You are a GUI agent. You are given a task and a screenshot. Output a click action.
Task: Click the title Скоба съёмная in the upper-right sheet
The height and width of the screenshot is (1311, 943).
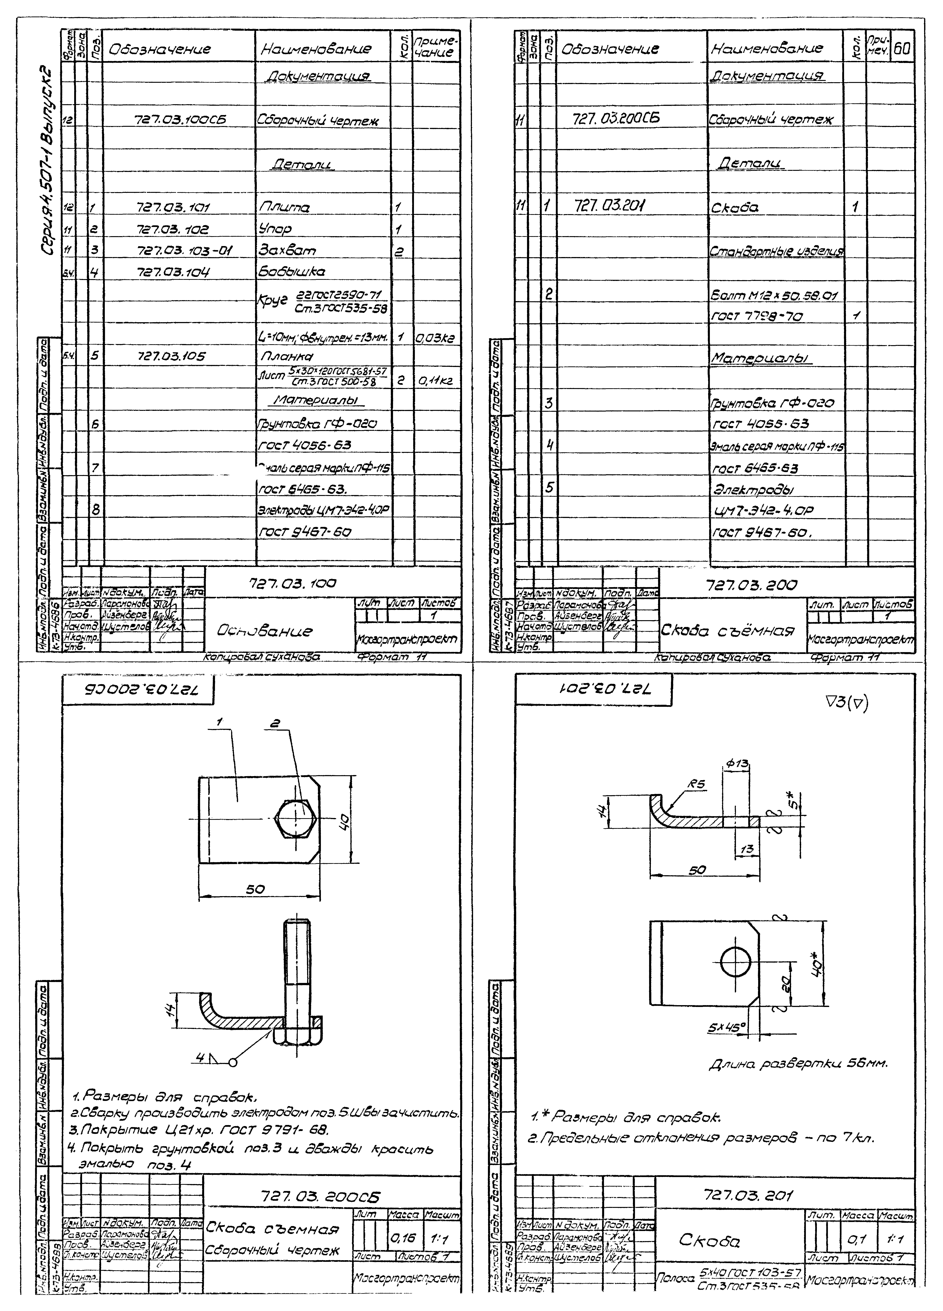pos(727,631)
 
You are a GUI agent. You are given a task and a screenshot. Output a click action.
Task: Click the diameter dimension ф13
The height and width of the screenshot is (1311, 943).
pos(737,764)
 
